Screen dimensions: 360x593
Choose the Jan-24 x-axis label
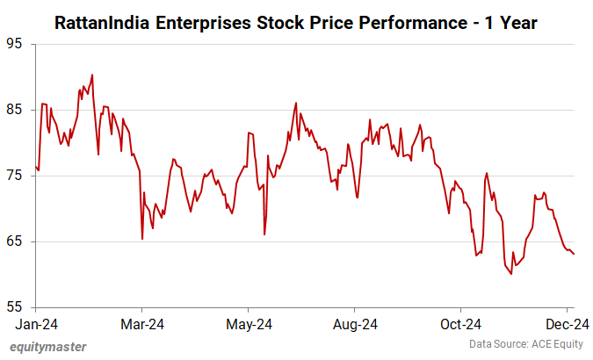35,324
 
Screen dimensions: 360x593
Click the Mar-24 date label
142,324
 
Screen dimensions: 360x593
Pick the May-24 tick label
249,324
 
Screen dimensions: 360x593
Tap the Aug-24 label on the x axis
355,324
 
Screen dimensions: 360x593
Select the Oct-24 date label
461,324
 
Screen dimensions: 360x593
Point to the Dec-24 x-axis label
568,324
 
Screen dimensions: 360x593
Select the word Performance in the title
394,21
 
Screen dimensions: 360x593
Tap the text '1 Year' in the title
513,21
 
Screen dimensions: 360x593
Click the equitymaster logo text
48,347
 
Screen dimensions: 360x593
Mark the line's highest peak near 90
92,75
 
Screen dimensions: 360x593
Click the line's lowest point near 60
510,274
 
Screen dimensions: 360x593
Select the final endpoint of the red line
575,255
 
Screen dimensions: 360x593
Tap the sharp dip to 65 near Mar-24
142,239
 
